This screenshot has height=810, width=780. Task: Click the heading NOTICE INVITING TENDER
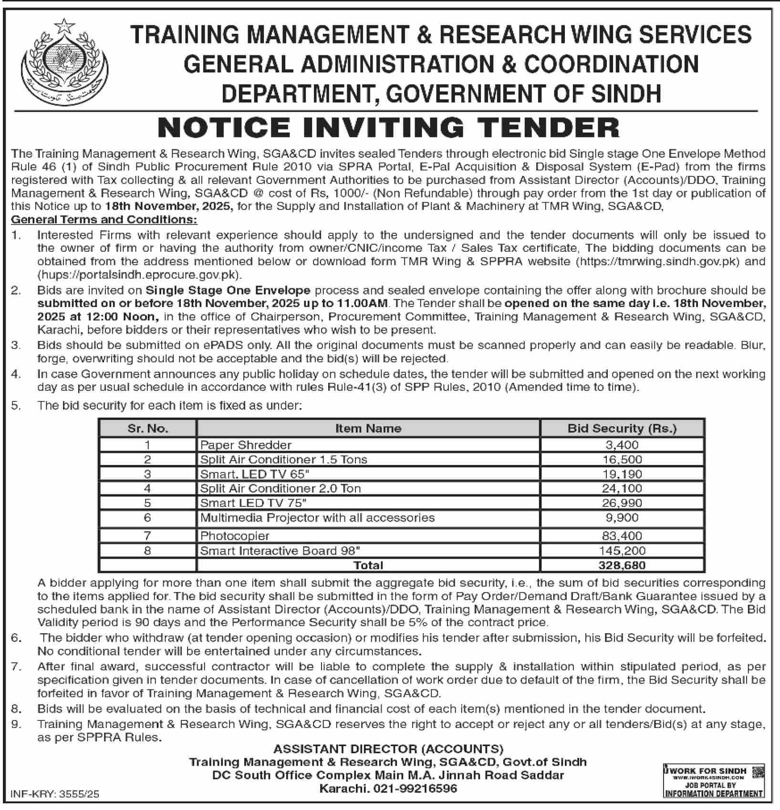point(389,128)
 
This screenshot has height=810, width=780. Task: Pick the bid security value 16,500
point(622,460)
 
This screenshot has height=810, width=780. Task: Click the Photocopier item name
point(235,536)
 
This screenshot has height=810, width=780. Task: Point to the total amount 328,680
point(622,565)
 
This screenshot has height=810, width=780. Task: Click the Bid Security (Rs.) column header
point(622,429)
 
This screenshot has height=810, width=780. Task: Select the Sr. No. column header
point(148,429)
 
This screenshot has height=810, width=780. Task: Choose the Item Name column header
point(368,429)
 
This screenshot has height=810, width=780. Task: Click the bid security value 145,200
point(622,551)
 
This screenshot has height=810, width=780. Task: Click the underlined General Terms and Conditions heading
point(104,220)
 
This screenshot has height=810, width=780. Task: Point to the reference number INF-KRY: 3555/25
point(54,794)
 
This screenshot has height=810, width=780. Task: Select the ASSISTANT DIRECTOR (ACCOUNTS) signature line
point(388,749)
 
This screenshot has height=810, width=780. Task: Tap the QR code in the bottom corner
point(757,772)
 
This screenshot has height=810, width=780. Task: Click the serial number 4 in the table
point(147,489)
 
